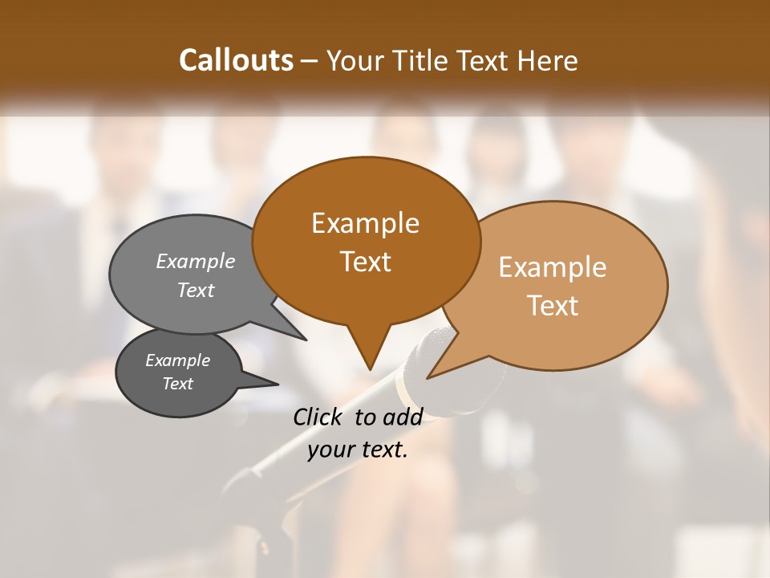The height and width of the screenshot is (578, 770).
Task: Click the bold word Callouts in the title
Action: click(x=236, y=60)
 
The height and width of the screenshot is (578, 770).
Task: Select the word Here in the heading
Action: click(x=547, y=60)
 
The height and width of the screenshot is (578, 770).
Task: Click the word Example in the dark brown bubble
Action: click(x=365, y=223)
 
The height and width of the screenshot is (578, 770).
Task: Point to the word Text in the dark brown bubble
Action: click(x=365, y=261)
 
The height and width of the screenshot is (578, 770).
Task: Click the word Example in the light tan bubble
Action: click(x=552, y=267)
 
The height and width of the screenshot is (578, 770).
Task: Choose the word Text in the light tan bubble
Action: click(x=553, y=305)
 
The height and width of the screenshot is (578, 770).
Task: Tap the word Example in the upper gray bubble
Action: click(x=195, y=261)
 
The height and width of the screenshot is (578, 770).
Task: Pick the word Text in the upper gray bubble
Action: click(x=195, y=290)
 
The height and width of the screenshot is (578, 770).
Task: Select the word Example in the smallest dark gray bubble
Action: click(x=177, y=360)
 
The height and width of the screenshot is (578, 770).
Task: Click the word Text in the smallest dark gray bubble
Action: click(x=177, y=384)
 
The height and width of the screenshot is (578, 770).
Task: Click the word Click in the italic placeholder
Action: click(x=319, y=417)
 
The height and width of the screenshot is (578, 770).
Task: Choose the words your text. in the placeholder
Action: click(x=358, y=450)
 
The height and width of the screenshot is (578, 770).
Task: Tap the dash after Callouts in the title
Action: click(x=310, y=60)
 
